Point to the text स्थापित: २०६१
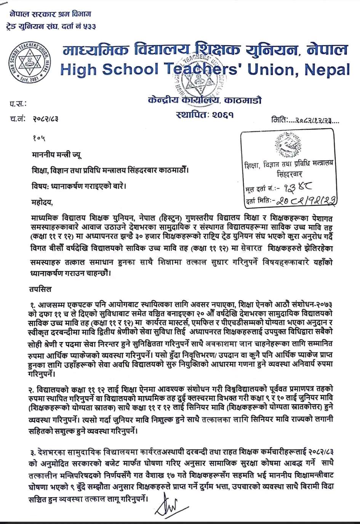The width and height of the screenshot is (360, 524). point(205,114)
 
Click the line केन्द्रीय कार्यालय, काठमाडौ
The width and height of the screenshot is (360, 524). point(205,101)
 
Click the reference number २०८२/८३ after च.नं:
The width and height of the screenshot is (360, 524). point(45,119)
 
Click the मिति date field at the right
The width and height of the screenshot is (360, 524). point(305,120)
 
